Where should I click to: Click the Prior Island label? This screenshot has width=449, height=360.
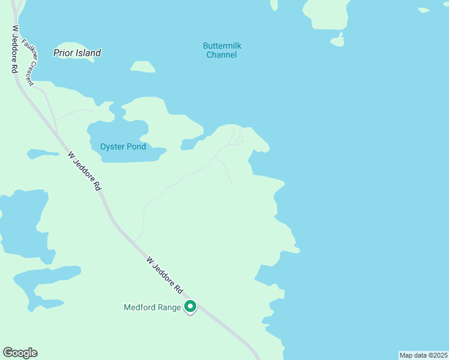pos(77,53)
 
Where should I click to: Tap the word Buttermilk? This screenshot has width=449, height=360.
pos(221,46)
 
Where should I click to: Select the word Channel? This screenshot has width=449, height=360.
pos(221,55)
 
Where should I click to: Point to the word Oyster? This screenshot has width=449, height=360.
pos(112,146)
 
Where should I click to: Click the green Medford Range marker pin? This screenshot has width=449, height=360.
pos(190,307)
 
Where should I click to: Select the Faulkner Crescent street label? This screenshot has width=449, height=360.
pos(28,62)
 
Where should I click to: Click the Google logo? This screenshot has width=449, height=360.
pos(20,353)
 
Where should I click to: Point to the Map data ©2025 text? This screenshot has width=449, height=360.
pos(423,355)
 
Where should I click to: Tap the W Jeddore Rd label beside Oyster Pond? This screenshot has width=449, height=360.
pos(85,171)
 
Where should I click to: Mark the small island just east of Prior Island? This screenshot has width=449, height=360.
pos(142,67)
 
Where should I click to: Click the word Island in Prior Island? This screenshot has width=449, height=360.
pos(88,53)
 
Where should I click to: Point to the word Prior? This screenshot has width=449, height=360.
pos(63,53)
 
